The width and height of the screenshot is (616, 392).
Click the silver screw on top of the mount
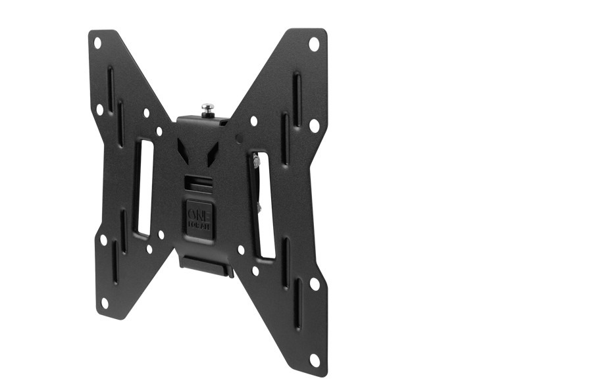208,108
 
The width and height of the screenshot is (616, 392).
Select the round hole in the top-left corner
97,43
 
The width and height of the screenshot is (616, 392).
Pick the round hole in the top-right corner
314,44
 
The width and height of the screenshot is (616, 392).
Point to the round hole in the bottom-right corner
315,359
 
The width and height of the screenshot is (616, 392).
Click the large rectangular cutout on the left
144,187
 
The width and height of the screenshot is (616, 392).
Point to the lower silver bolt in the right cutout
258,207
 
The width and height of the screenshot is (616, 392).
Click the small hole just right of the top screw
253,121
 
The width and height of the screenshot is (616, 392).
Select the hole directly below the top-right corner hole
314,124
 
